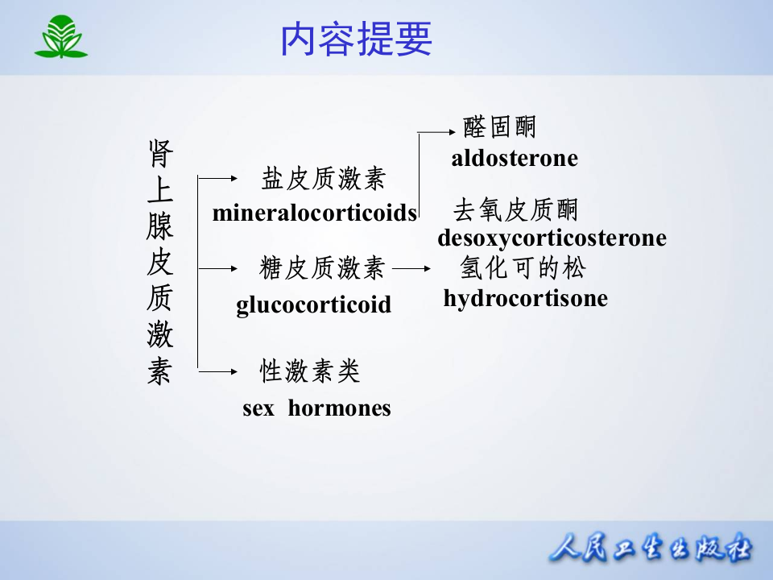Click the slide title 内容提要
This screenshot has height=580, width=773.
coord(356,39)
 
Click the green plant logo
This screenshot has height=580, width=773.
coord(60,37)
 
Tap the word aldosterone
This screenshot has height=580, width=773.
coord(515,158)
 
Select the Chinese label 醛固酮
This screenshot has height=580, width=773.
coord(500,127)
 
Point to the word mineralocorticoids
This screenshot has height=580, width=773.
coord(315,213)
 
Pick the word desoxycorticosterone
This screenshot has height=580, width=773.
coord(552,238)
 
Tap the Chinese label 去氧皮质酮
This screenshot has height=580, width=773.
coord(516,210)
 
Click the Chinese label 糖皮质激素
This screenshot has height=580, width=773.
coord(323,268)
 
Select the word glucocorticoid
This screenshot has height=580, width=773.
coord(313,305)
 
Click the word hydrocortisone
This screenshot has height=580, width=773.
coord(525,299)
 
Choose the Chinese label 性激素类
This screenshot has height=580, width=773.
coord(310,371)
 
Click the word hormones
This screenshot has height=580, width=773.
coord(339,408)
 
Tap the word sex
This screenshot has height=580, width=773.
coord(258,408)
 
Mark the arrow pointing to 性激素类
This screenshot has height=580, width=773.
coord(217,371)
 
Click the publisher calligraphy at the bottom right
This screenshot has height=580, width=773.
coord(651,550)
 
